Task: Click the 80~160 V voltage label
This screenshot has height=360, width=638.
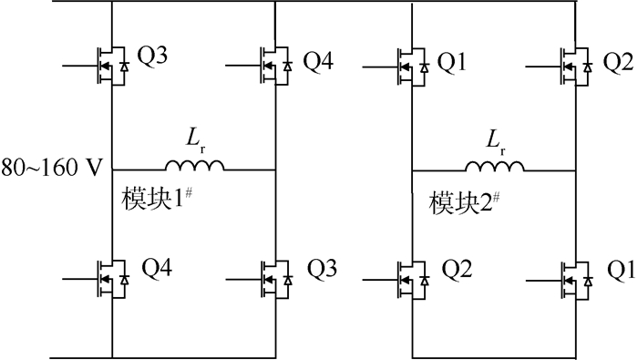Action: [54, 169]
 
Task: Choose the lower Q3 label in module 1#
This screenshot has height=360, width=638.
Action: [323, 271]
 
